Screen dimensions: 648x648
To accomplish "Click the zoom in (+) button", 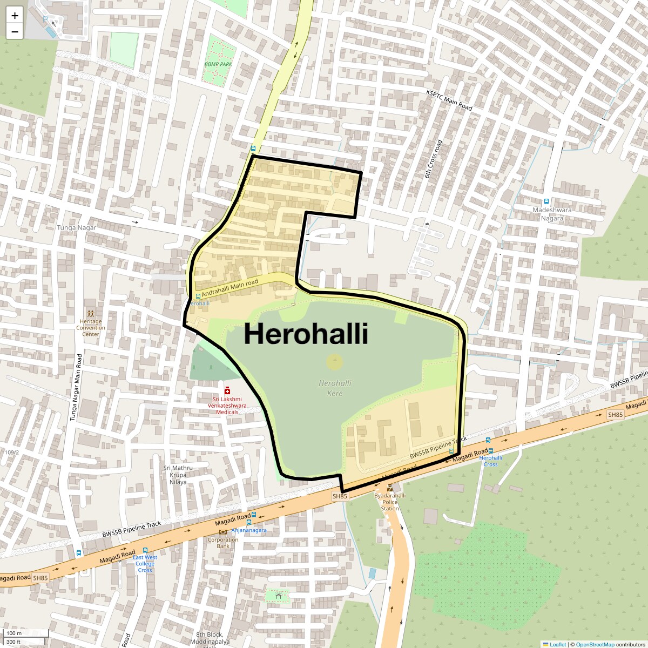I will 15,16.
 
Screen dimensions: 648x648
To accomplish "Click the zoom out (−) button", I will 15,32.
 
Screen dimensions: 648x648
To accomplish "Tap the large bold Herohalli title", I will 306,334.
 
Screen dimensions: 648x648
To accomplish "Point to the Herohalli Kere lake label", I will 335,388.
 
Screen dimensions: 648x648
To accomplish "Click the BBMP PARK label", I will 218,64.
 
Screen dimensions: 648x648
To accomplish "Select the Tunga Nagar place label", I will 77,228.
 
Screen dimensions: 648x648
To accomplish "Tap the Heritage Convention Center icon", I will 91,313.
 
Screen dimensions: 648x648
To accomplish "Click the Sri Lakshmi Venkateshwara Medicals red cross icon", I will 227,390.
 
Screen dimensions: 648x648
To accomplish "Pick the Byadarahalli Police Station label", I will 390,502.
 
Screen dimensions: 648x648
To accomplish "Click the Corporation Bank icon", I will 223,532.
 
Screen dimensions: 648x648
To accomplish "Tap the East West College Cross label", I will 145,564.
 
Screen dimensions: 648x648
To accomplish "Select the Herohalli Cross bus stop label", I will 490,461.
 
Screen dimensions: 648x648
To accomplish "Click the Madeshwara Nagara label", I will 551,214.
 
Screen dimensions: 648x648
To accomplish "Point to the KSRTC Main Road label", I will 449,100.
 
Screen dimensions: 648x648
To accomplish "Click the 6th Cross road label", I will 433,159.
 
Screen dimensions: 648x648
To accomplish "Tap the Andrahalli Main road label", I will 230,287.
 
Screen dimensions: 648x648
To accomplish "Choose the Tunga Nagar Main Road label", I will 76,387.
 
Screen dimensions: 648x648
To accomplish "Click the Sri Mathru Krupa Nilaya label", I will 178,475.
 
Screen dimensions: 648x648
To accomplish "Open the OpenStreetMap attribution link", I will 595,644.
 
